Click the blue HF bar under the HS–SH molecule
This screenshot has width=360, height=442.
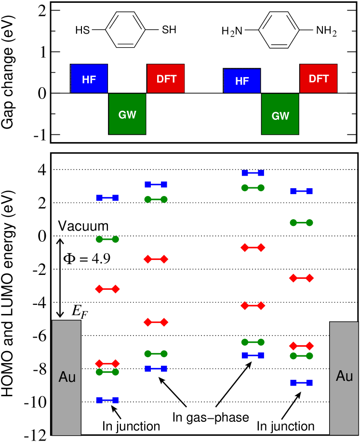89,78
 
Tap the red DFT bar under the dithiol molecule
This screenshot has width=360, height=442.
165,78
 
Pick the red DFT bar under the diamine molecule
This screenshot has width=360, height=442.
318,78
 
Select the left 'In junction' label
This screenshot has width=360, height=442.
131,426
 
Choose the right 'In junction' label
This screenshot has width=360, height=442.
286,426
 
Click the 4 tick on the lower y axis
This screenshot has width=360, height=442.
42,169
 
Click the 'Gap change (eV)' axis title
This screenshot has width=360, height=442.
8,72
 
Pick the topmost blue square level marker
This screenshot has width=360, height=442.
253,173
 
